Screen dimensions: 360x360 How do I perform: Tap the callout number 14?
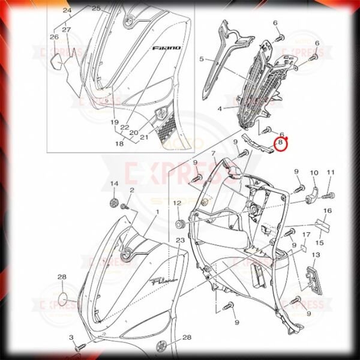click(x=114, y=183)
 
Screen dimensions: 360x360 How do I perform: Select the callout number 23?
click(x=180, y=240)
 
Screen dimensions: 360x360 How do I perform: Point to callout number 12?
click(x=177, y=204)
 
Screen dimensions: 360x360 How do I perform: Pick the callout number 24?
click(x=67, y=11)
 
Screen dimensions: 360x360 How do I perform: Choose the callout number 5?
click(x=202, y=59)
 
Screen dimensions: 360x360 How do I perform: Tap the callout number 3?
click(x=70, y=338)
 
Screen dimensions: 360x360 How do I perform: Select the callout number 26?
click(x=54, y=37)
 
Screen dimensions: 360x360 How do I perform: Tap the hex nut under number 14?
click(x=114, y=200)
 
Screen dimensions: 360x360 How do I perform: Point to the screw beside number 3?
click(x=79, y=346)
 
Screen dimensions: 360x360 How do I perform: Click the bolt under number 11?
click(x=331, y=196)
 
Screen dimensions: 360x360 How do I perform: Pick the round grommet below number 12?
click(x=178, y=225)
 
